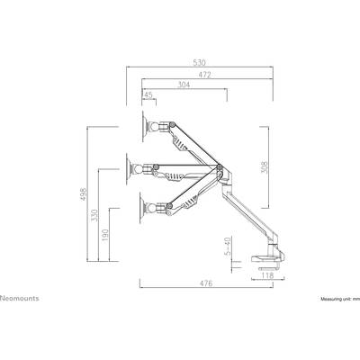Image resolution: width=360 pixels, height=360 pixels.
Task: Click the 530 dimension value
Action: pos(199,63)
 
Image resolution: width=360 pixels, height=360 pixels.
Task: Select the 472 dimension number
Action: pos(204,75)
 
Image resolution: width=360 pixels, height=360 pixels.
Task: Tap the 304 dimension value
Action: pos(184,85)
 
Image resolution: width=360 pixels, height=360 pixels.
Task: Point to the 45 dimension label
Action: pos(148,94)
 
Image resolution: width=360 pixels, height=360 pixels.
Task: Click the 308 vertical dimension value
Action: pos(265,167)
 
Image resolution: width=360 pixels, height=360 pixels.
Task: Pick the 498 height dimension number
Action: pos(84,194)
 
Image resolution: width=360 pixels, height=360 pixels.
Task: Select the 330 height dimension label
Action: pos(94,215)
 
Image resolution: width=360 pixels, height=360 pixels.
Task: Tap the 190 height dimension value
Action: pos(105,236)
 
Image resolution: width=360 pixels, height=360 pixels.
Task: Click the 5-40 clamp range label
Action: pos(228,247)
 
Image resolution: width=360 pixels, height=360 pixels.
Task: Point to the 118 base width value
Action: pos(267,275)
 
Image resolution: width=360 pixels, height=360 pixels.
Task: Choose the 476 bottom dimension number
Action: pos(206,283)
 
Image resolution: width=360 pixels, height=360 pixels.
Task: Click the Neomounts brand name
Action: pos(20,298)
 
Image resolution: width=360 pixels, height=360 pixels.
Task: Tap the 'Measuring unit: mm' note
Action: pos(340,299)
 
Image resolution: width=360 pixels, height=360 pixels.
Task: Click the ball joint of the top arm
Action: pos(155,127)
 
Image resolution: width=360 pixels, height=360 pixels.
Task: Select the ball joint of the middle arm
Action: pos(139,169)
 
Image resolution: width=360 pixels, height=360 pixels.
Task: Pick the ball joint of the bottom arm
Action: pos(151,208)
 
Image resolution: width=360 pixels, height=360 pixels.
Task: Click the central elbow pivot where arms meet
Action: pos(220,167)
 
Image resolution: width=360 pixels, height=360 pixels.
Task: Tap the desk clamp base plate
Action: pos(266,258)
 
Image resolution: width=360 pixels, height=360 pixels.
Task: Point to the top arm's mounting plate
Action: pos(143,126)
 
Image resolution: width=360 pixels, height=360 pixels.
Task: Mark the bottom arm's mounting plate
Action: pos(140,208)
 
